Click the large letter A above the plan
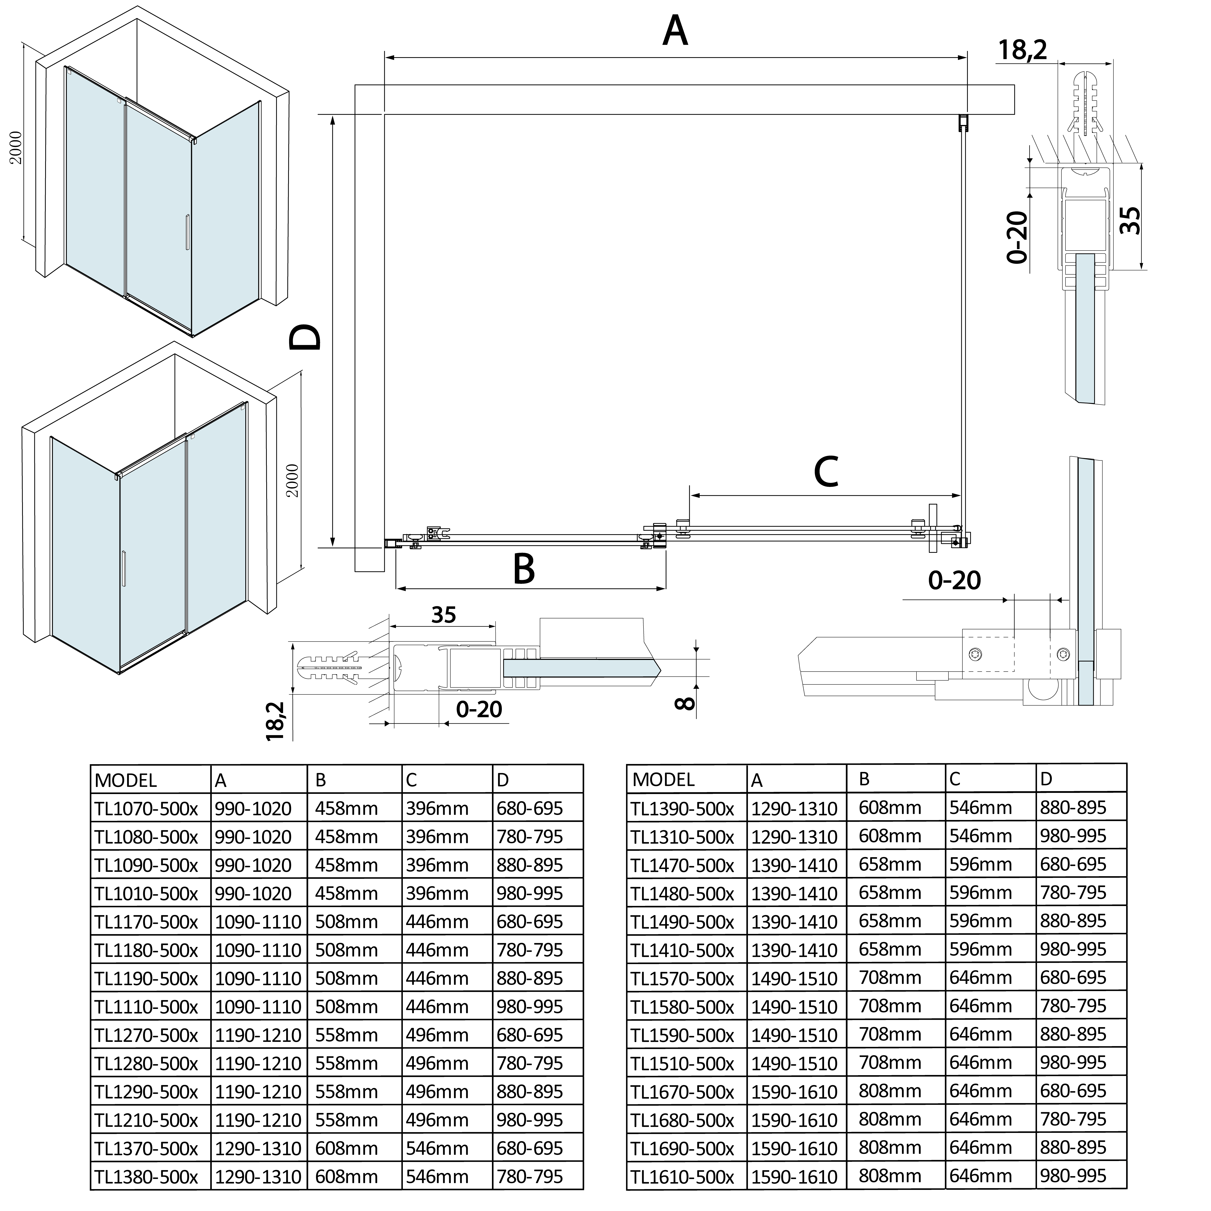point(675,31)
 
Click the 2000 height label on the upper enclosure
point(16,147)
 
